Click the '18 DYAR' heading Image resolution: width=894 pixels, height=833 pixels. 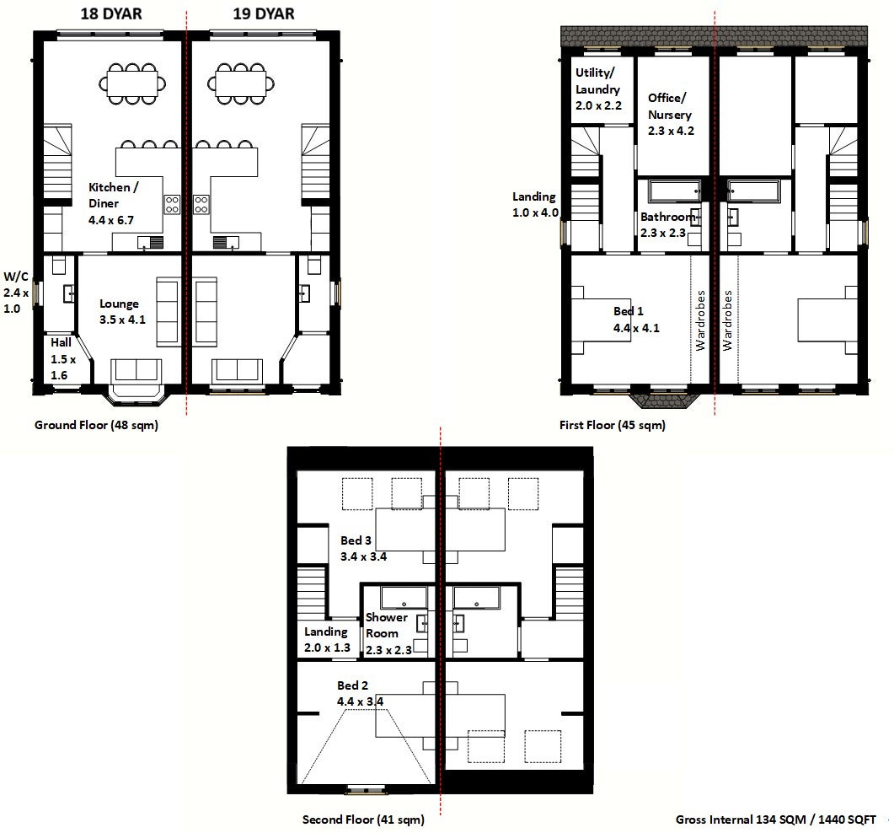111,13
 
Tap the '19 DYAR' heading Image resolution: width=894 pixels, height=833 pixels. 264,13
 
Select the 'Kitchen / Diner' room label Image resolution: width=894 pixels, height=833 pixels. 113,195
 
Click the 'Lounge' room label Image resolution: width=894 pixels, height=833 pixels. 119,304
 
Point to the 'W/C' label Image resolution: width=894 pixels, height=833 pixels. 16,277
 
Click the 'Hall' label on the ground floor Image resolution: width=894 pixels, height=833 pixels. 61,342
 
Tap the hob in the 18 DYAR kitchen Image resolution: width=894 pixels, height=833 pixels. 172,204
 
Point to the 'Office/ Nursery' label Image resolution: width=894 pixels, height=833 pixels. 668,106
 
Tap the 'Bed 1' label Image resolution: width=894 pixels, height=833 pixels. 629,311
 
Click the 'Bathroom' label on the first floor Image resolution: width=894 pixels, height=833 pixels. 667,217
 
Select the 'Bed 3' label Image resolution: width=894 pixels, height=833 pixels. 356,540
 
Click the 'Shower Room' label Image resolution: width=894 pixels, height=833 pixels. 386,626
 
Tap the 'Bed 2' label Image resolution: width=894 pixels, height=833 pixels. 352,685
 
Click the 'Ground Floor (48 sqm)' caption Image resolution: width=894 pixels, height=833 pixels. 96,425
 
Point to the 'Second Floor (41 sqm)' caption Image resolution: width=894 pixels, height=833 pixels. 363,820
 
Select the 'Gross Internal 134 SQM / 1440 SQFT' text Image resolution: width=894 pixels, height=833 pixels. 775,820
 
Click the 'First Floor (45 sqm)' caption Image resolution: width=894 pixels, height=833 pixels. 613,425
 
